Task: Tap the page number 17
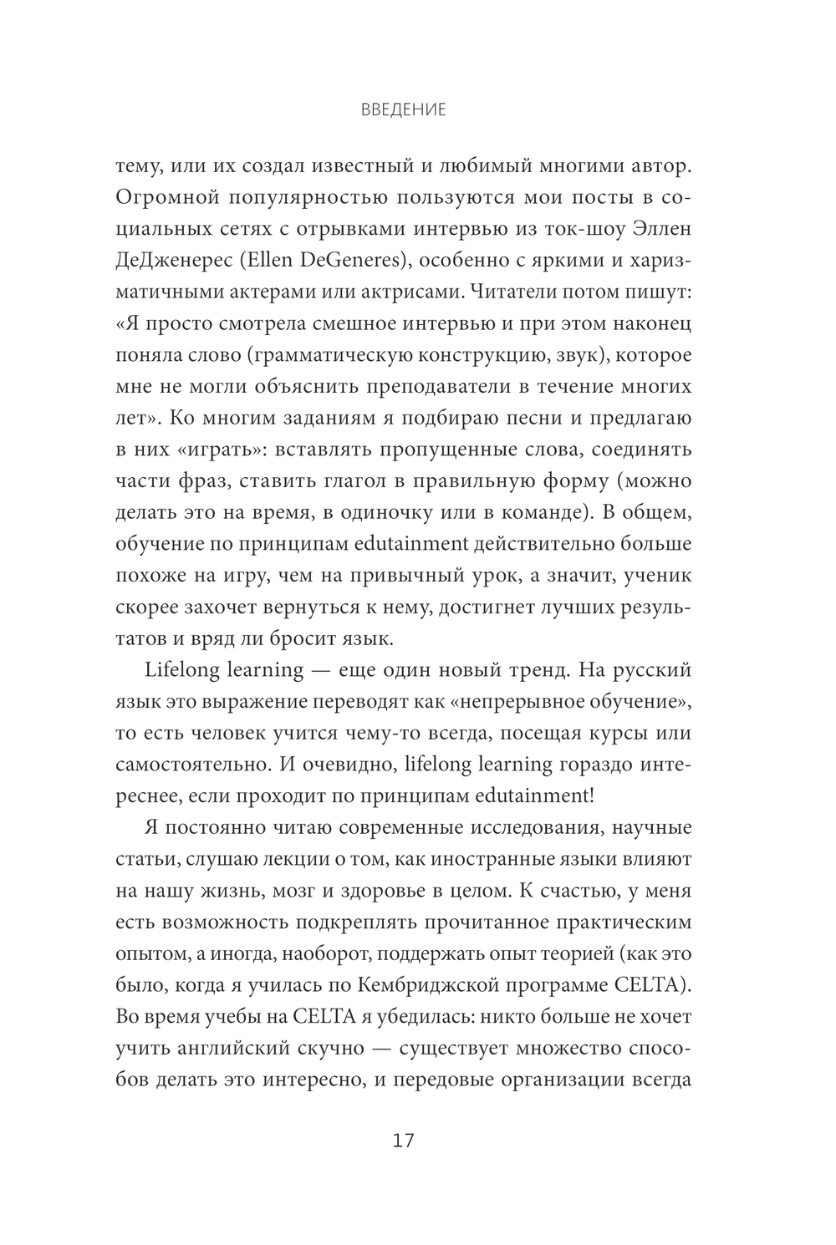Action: [x=403, y=1141]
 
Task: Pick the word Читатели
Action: [x=519, y=292]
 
